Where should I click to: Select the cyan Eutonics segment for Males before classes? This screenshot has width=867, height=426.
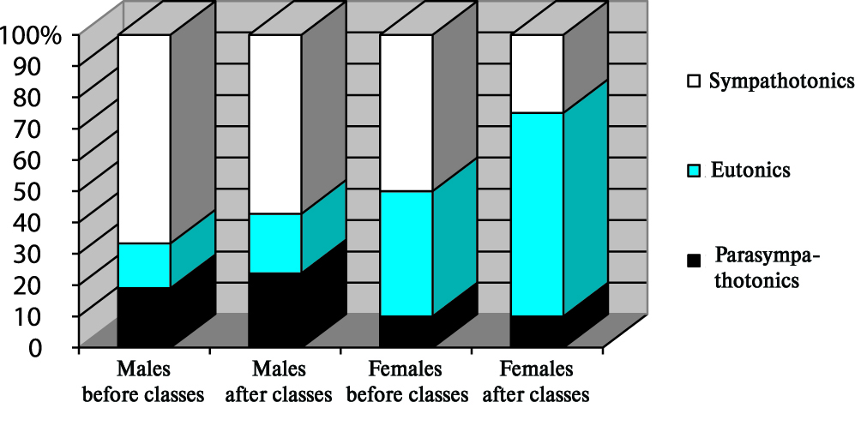pyautogui.click(x=143, y=265)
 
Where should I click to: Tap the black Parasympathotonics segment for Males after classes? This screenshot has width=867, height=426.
pyautogui.click(x=274, y=309)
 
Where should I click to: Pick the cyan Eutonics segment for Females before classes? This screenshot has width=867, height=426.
pyautogui.click(x=406, y=253)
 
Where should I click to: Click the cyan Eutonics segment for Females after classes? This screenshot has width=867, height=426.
pyautogui.click(x=537, y=214)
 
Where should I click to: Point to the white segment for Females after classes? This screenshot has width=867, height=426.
pyautogui.click(x=537, y=74)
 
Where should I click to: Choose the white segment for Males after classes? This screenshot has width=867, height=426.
pyautogui.click(x=274, y=124)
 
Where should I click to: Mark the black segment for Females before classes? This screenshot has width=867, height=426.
pyautogui.click(x=406, y=331)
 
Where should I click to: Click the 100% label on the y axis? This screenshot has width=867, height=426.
pyautogui.click(x=32, y=35)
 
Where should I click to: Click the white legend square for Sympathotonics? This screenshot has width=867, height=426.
pyautogui.click(x=694, y=82)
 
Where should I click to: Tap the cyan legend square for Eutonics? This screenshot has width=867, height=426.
pyautogui.click(x=694, y=171)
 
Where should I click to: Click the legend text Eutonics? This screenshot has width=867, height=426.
pyautogui.click(x=750, y=171)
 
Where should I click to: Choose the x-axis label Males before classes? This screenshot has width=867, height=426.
pyautogui.click(x=143, y=382)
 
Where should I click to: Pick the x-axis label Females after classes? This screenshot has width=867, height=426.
pyautogui.click(x=537, y=382)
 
